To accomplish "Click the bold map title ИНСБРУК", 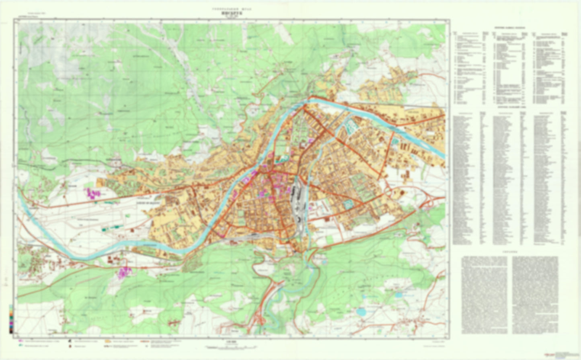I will coord(230,12).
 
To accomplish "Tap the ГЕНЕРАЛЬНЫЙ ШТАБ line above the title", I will coord(230,8).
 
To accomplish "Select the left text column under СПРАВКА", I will coord(484,295).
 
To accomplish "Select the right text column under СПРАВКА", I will coord(535,295).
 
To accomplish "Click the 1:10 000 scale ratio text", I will coord(230,343).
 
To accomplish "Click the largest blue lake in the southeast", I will coord(361,311).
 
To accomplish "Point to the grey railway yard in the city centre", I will coord(298,205).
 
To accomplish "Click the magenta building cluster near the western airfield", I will coord(92,194).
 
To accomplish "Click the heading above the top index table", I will coord(509,29).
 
